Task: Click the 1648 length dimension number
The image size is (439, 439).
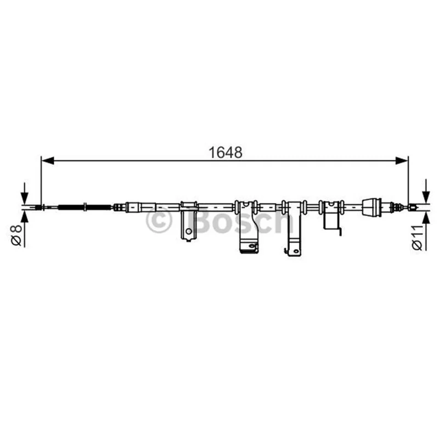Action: tap(226, 153)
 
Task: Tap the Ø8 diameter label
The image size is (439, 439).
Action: tap(16, 235)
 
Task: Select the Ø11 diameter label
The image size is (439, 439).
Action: tap(417, 237)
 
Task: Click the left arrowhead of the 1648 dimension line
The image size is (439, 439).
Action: tap(48, 161)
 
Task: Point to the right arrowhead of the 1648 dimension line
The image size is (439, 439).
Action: tap(402, 161)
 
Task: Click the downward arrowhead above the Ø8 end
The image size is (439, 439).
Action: tap(25, 198)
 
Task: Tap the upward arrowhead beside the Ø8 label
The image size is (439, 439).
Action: tap(25, 217)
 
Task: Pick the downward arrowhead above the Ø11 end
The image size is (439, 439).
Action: tap(426, 197)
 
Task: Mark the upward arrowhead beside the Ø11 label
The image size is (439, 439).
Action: tap(426, 218)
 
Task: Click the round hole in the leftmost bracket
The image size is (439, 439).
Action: tap(189, 231)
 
